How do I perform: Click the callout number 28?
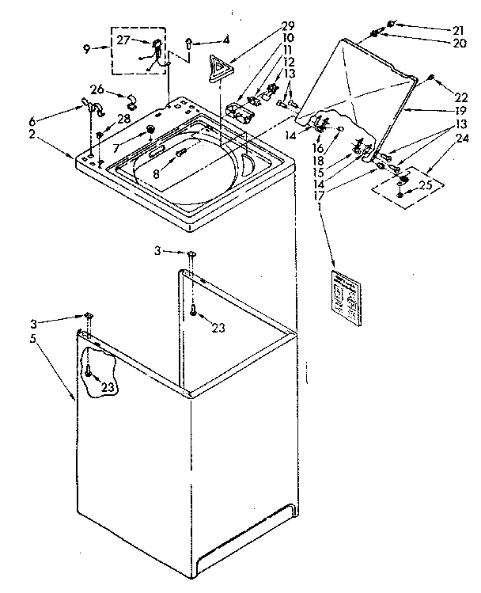(x=124, y=118)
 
